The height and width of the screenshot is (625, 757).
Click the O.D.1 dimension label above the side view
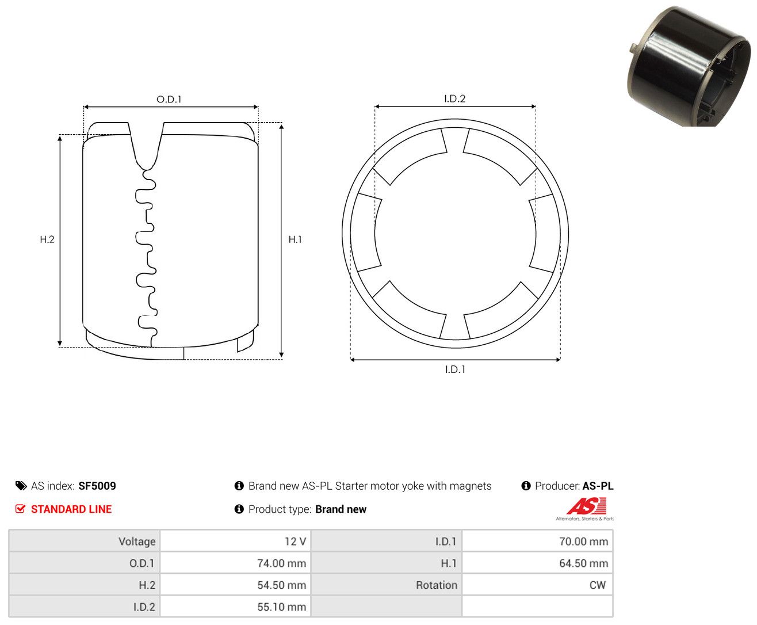click(169, 99)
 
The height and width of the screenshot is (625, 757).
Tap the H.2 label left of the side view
click(47, 239)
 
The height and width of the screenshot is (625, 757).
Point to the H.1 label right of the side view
click(295, 239)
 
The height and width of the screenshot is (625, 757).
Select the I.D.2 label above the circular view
click(454, 98)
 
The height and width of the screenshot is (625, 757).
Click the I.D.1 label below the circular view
click(455, 369)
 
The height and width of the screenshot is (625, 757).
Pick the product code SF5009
click(97, 486)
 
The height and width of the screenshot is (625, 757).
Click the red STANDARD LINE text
click(71, 509)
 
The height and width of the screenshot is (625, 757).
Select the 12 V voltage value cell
click(236, 541)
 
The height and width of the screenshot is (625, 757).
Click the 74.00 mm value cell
click(236, 563)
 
